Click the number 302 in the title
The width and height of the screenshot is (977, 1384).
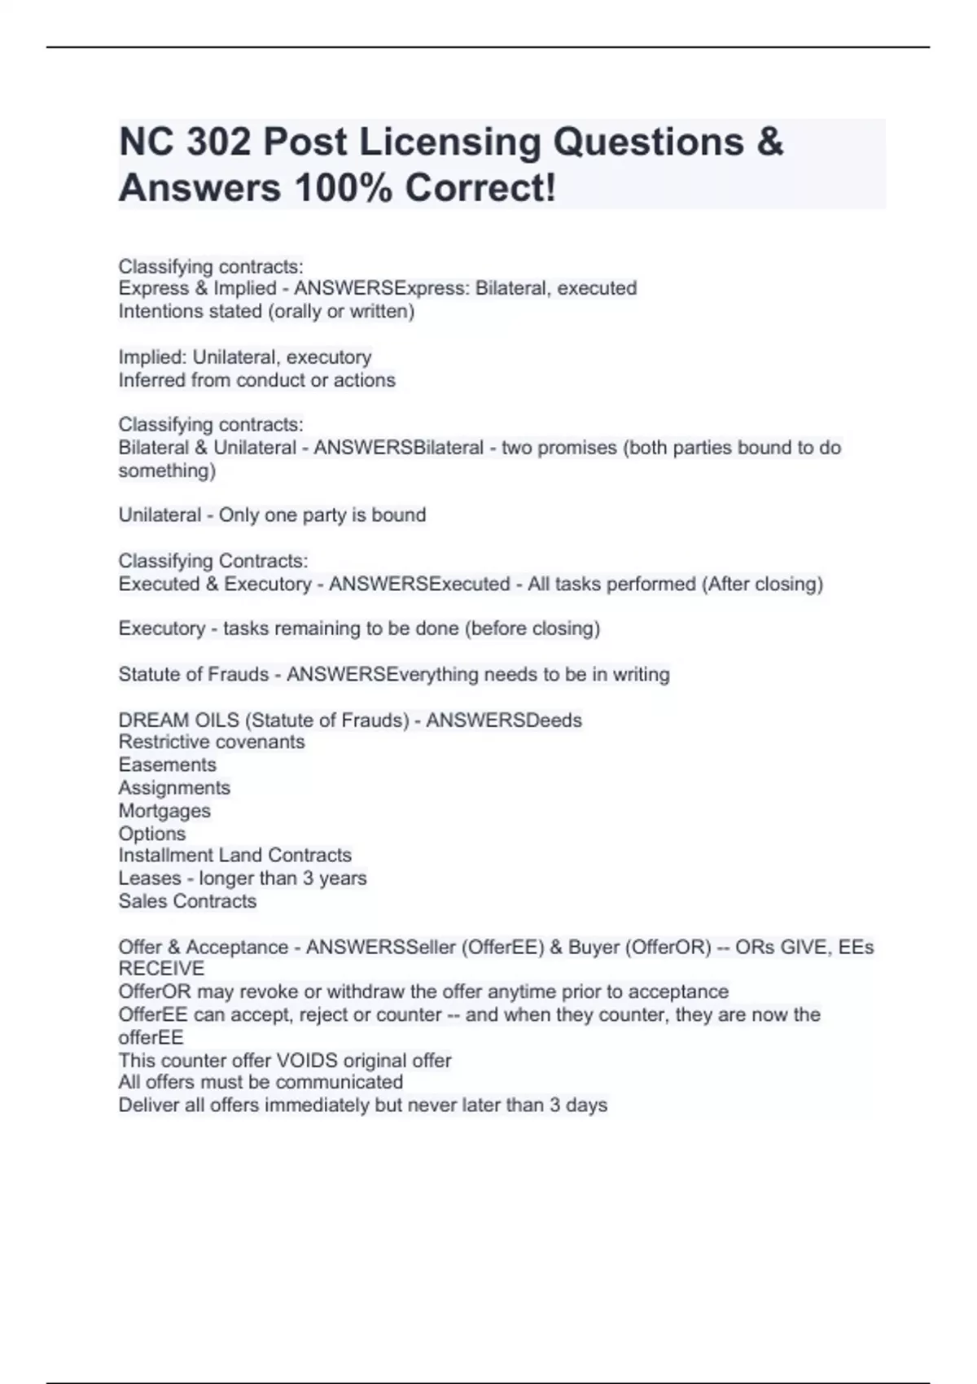tap(218, 142)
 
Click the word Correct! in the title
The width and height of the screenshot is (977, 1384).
tap(480, 189)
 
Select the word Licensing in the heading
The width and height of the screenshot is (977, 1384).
tap(450, 142)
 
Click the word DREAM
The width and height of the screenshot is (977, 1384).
tap(150, 720)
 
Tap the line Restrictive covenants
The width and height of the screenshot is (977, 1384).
tap(212, 742)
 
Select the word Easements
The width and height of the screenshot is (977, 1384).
tap(167, 764)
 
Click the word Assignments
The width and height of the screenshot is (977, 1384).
tap(174, 787)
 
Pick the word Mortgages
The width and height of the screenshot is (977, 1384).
tap(164, 811)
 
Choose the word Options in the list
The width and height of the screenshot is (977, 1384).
tap(152, 834)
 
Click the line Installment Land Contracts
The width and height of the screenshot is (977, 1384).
tap(234, 855)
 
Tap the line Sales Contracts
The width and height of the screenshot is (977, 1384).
tap(187, 901)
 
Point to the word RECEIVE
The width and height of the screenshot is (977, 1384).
tap(161, 969)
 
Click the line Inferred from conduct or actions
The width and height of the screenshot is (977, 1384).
tap(256, 380)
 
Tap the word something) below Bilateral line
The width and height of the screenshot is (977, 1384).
tap(167, 471)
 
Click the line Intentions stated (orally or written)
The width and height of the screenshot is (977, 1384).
tap(266, 311)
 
